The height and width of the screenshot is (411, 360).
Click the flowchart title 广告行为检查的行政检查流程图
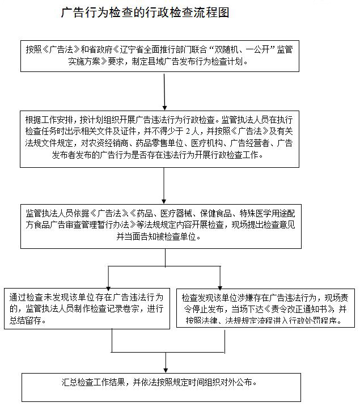(145, 13)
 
